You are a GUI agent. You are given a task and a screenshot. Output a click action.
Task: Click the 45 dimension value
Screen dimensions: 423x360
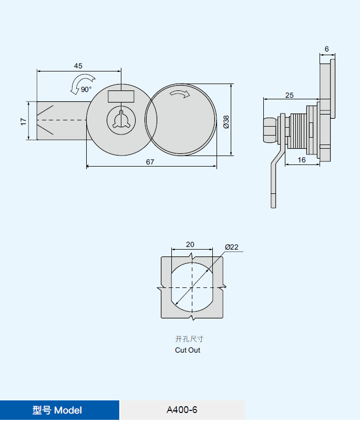point(78,66)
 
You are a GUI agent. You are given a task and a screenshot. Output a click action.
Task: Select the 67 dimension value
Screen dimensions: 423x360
point(150,162)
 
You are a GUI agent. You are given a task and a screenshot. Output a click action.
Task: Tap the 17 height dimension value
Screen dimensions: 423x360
point(23,121)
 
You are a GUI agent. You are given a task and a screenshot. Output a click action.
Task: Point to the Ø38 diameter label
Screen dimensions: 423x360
point(226,121)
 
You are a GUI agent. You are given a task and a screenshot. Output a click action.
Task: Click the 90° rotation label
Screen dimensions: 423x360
point(86,89)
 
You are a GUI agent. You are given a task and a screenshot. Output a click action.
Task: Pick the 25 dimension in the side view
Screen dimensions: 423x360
point(290,95)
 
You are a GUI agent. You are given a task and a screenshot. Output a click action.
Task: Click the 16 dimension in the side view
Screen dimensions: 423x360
point(302,160)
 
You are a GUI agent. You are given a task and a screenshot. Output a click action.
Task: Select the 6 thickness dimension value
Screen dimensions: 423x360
point(326,49)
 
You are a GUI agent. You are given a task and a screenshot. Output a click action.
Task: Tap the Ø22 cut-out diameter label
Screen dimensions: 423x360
point(232,247)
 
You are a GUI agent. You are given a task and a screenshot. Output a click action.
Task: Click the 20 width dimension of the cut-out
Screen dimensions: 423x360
point(190,244)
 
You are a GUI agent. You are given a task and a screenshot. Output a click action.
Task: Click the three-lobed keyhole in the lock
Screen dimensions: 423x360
point(121,119)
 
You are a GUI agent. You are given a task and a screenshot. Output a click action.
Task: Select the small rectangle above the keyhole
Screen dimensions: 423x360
point(121,97)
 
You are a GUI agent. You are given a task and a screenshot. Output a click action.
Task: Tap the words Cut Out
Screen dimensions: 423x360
point(188,350)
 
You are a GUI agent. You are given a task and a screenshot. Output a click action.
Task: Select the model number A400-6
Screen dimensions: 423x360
point(182,410)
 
